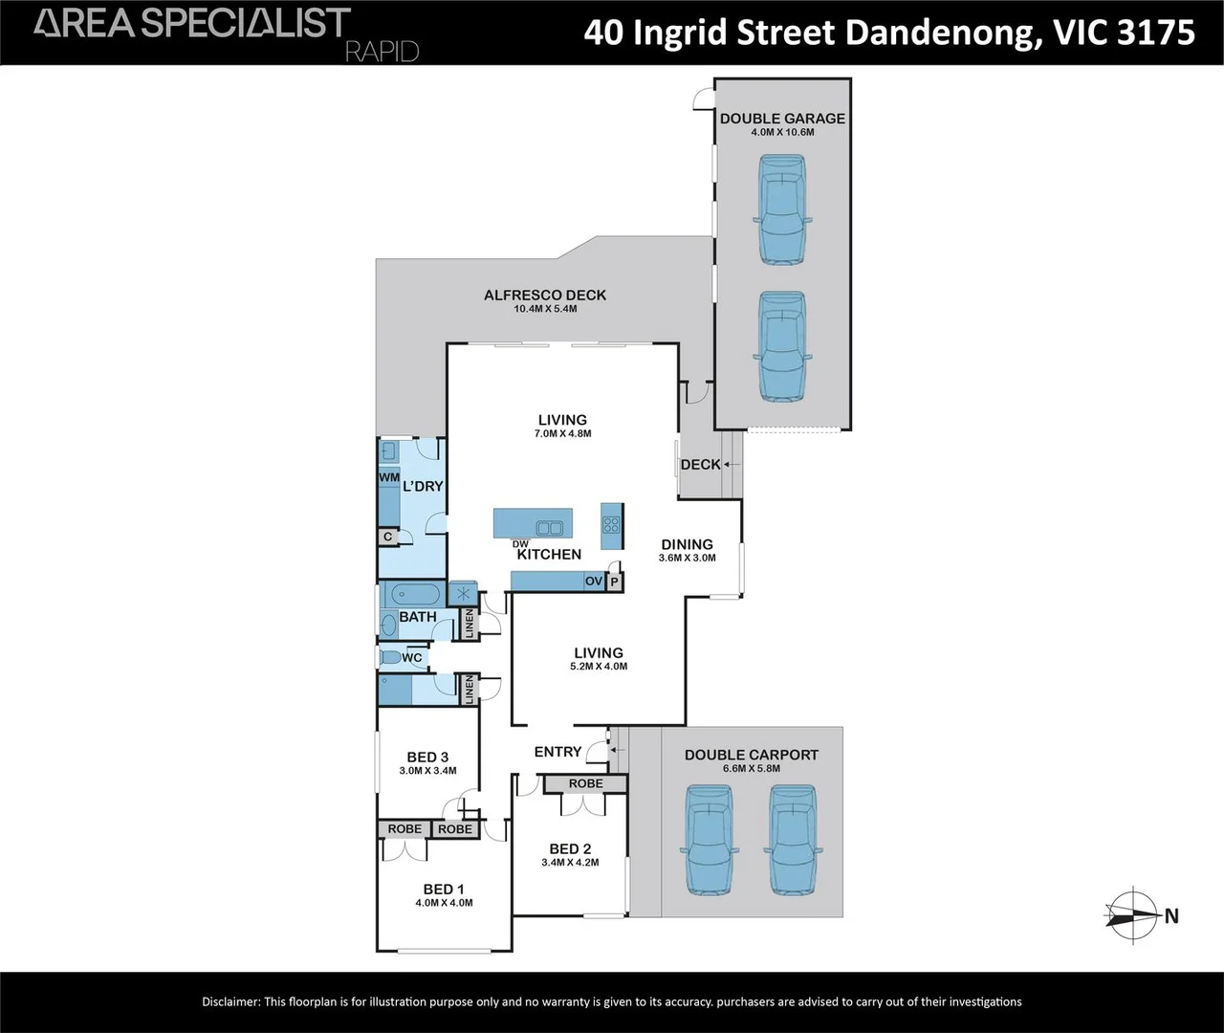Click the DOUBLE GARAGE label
click(x=782, y=119)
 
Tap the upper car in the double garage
click(x=782, y=209)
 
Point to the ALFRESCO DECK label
click(x=545, y=296)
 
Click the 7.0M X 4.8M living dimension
click(x=562, y=434)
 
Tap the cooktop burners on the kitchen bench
click(x=611, y=525)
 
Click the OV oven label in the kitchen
click(x=594, y=582)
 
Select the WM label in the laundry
click(x=389, y=477)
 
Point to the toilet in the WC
click(x=389, y=658)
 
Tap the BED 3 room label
click(x=427, y=757)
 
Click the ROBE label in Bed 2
click(x=585, y=783)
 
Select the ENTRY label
click(x=557, y=752)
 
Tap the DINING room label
click(x=687, y=544)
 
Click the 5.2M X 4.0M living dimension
click(x=599, y=667)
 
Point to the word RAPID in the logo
click(x=382, y=52)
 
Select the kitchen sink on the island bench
click(x=548, y=526)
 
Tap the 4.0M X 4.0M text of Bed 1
click(x=444, y=903)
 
